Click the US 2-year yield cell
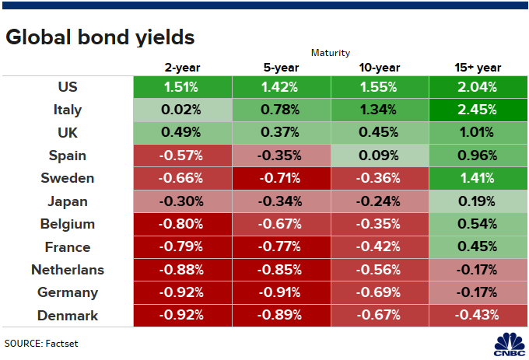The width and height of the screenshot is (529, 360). tap(183, 87)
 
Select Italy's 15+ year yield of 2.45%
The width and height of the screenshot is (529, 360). tap(478, 110)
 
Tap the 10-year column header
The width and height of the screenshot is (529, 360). tap(380, 68)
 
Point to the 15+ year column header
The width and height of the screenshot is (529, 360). tap(478, 68)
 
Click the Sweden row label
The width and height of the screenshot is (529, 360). tap(68, 178)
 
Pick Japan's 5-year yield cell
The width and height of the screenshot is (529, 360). tap(281, 201)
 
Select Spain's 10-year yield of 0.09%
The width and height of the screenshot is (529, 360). tap(380, 156)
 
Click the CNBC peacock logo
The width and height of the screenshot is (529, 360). tap(510, 344)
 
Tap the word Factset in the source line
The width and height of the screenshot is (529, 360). tap(61, 344)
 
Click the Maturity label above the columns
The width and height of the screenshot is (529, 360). tap(331, 53)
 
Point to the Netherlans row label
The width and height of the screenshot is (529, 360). tap(68, 270)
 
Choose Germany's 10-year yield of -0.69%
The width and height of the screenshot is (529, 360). tap(380, 292)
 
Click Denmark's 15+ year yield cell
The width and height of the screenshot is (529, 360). tap(478, 316)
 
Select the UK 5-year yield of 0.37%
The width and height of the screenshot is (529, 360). tap(281, 132)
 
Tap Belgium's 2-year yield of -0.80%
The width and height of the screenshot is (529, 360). tap(183, 224)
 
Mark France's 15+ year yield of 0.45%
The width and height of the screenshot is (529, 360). tap(478, 246)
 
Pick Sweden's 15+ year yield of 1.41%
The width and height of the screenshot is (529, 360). tap(478, 178)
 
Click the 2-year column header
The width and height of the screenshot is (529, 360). tap(182, 68)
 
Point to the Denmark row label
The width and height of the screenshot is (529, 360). tap(68, 316)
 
